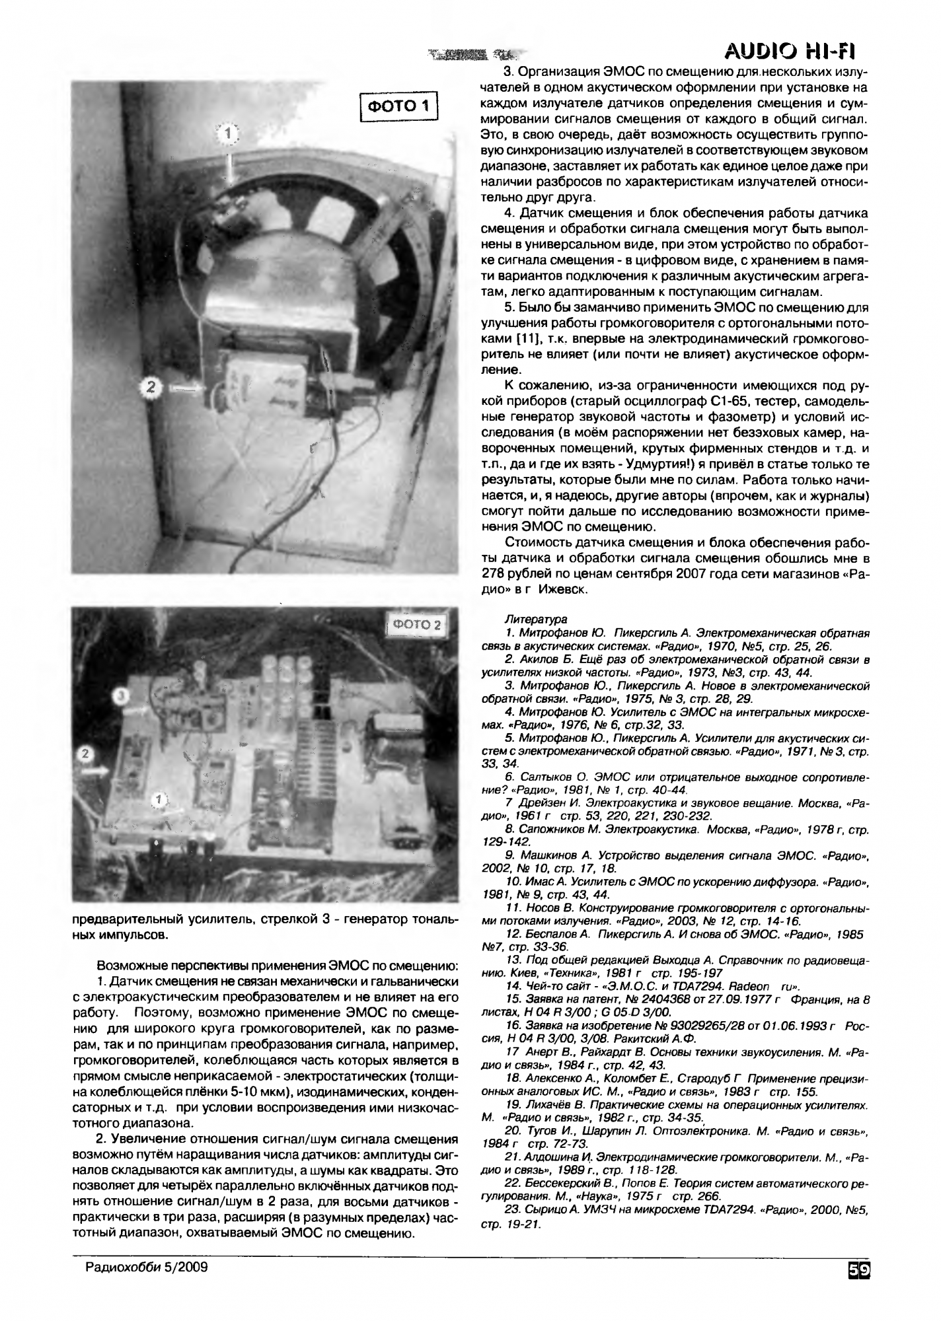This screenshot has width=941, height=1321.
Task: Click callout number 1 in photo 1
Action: (227, 134)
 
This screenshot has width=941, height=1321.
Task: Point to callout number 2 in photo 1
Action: (151, 388)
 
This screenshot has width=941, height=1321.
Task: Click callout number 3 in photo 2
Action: (119, 696)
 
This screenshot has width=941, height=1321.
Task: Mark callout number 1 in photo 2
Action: (157, 801)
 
